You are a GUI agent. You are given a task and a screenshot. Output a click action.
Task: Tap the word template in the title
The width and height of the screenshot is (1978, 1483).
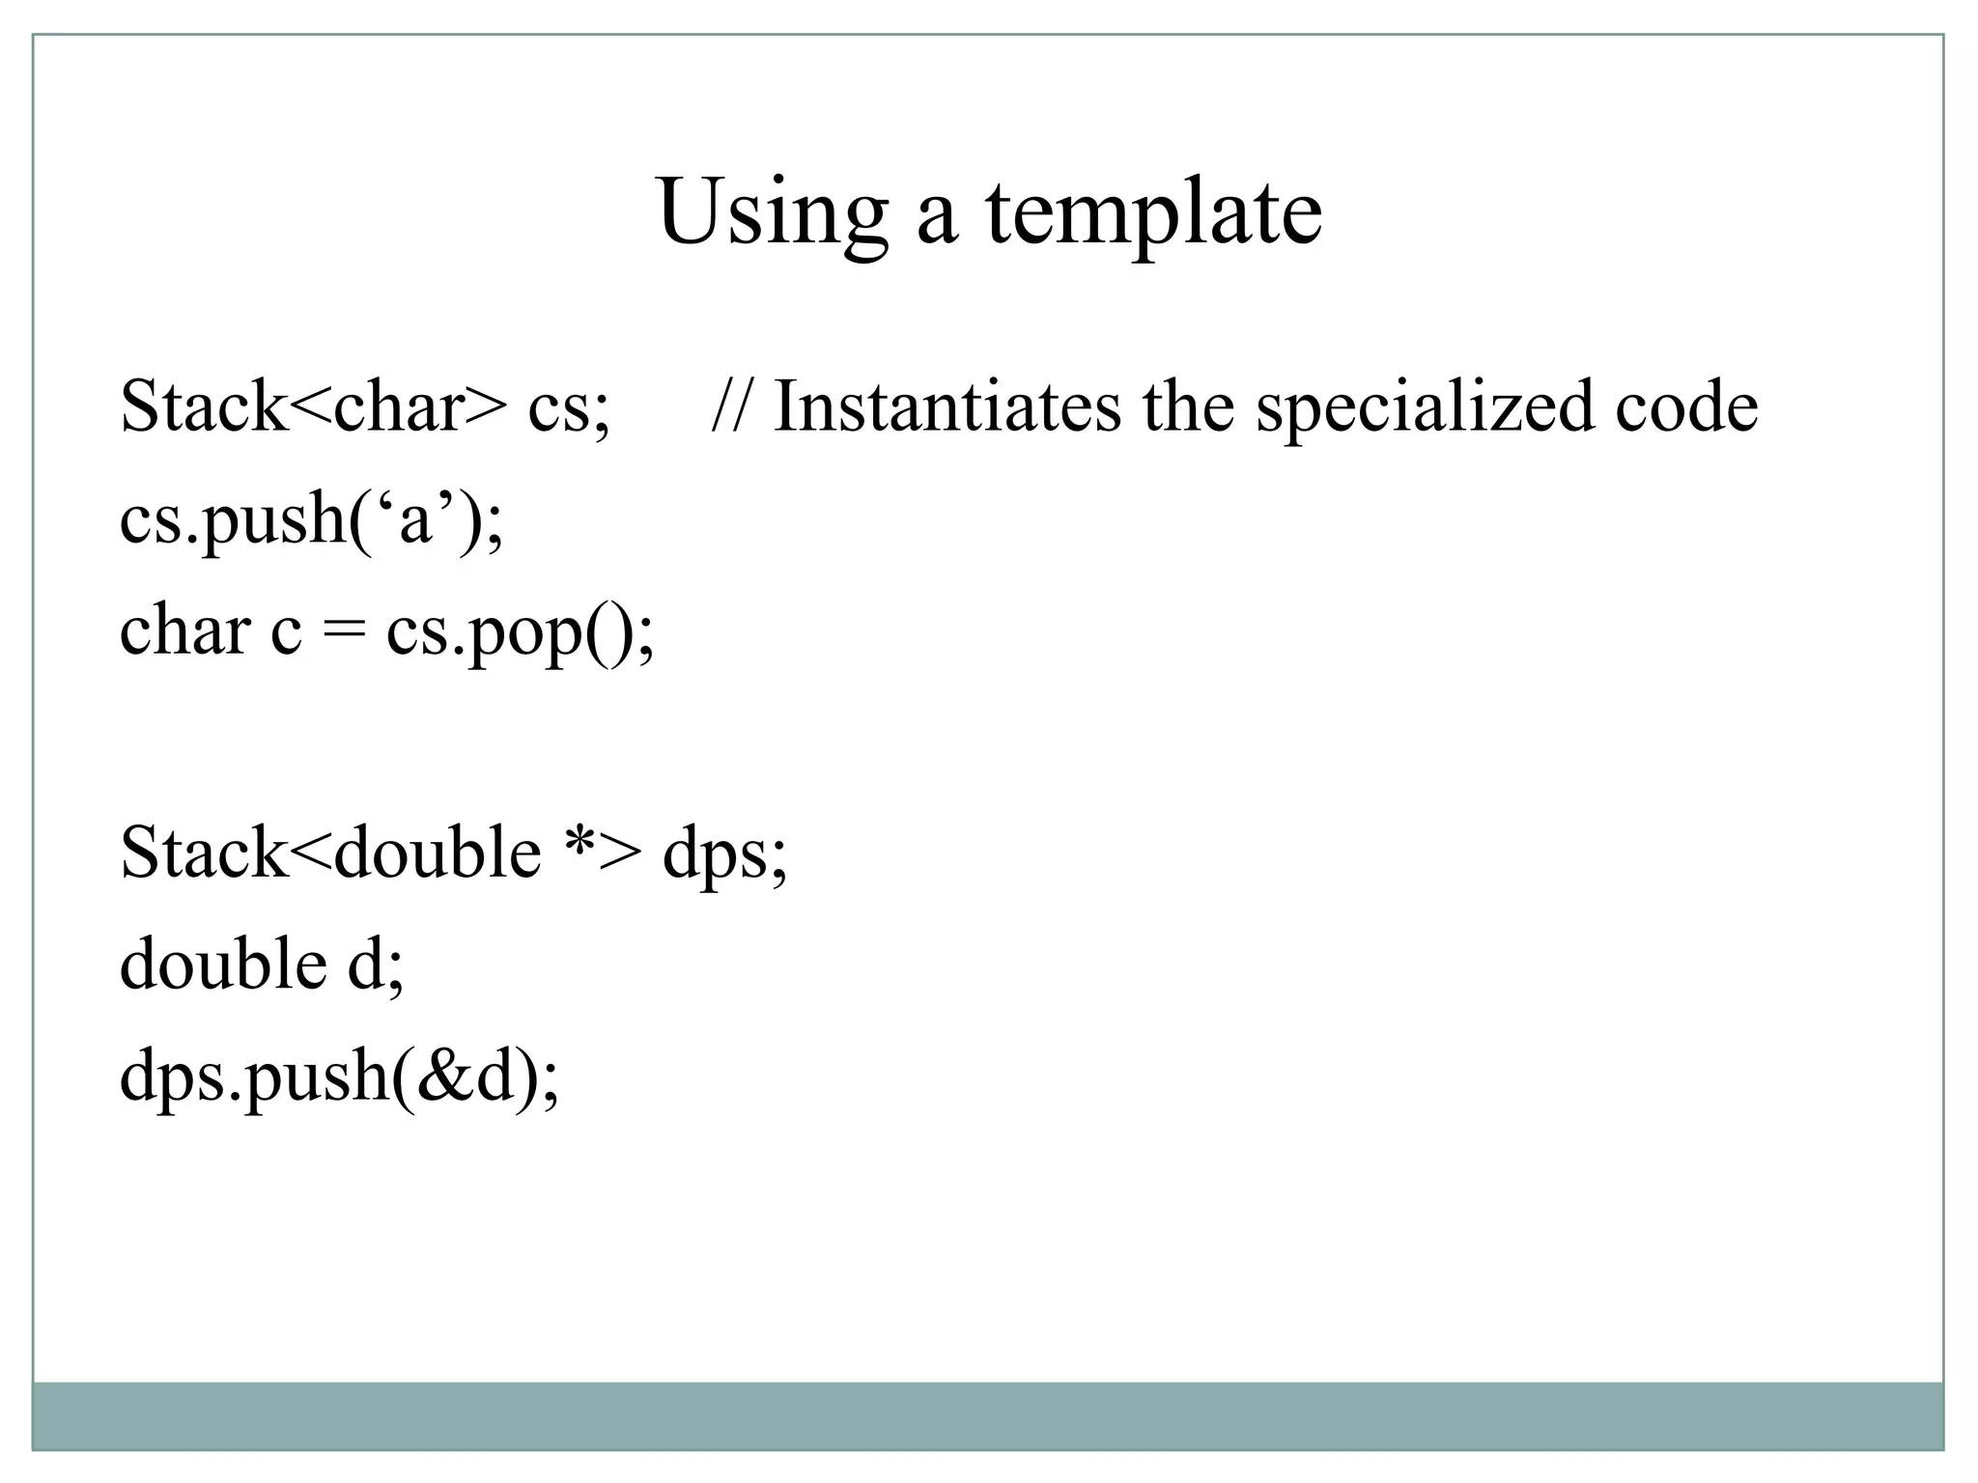1153,214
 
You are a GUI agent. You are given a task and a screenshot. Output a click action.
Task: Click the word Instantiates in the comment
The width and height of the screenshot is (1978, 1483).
947,407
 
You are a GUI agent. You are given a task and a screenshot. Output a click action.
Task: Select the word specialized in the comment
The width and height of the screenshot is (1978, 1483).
1425,407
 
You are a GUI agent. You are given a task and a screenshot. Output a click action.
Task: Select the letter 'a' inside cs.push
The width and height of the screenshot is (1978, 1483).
415,521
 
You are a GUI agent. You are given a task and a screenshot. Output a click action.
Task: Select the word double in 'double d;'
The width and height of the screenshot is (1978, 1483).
222,964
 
